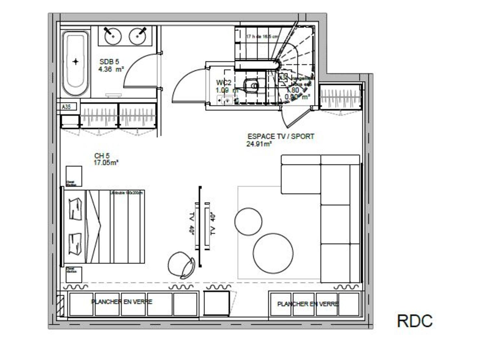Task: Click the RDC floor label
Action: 415,321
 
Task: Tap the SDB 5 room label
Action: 109,61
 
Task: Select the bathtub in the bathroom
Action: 76,63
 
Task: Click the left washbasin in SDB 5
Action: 113,36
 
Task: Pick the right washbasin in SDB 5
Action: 138,36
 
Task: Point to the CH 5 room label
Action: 102,156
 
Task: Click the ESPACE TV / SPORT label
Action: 281,136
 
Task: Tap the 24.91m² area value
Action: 259,144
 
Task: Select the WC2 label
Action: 223,83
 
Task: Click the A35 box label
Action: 67,106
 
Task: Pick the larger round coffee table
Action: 273,253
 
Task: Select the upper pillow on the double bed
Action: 75,209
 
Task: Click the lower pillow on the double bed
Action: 75,243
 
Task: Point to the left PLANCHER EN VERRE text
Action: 122,302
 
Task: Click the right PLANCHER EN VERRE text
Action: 307,304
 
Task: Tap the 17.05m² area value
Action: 106,163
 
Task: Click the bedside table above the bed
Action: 74,176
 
